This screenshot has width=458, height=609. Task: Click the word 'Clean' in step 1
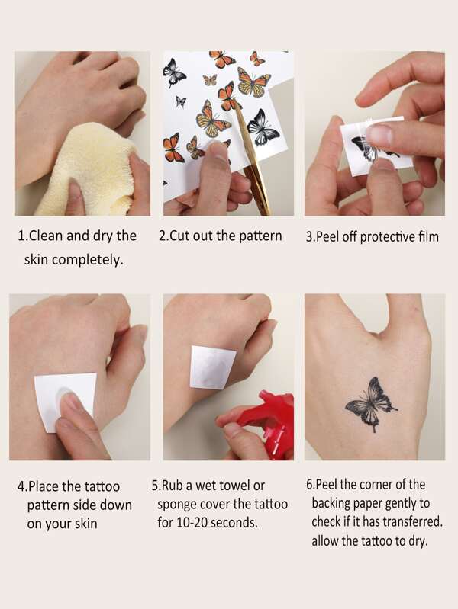(x=47, y=236)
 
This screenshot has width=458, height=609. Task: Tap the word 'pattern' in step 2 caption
(x=257, y=236)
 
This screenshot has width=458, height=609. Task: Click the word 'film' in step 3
(x=427, y=236)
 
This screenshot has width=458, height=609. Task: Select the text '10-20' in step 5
(x=194, y=523)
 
